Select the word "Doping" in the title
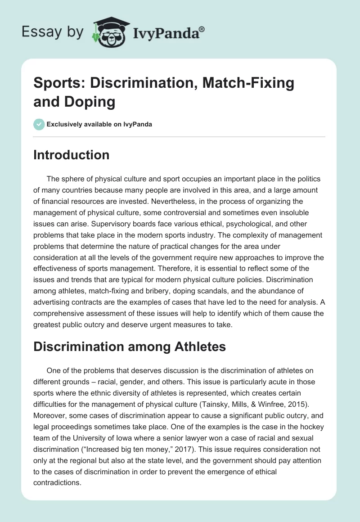point(92,102)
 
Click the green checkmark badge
point(39,124)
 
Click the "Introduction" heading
point(72,155)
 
